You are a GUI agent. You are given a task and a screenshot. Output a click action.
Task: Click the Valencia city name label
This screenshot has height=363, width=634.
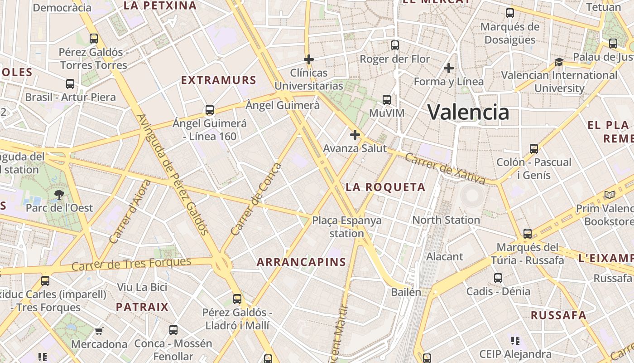tap(468, 112)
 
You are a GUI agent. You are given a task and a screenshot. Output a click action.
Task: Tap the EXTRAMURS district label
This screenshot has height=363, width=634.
tap(219, 80)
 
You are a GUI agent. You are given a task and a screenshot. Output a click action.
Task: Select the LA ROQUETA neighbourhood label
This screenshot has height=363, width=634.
tap(385, 187)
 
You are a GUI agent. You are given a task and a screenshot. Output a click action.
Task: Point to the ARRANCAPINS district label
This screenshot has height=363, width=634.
tap(301, 262)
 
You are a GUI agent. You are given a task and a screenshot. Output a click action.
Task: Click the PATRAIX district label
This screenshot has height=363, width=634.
tap(142, 307)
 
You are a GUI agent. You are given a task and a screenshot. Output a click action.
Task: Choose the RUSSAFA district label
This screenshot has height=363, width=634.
tap(558, 315)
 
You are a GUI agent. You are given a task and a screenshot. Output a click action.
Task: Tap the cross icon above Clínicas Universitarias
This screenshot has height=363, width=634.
tap(309, 59)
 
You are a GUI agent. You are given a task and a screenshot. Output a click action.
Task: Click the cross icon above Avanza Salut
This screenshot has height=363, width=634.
tap(355, 135)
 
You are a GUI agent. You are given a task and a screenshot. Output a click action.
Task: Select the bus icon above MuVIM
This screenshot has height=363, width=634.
tap(386, 100)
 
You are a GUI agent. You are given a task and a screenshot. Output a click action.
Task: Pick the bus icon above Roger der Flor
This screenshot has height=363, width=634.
tap(395, 45)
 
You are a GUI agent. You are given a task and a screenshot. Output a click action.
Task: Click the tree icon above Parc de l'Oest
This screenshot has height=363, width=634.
tap(59, 195)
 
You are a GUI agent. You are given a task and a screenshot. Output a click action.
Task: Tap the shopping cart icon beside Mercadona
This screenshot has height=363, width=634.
tap(99, 331)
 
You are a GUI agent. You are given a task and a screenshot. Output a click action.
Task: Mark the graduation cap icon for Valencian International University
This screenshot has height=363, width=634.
tap(559, 62)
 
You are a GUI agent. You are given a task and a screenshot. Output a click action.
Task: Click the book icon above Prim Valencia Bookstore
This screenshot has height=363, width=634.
tap(610, 195)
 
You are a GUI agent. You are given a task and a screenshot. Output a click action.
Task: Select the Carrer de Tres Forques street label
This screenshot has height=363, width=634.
tap(131, 264)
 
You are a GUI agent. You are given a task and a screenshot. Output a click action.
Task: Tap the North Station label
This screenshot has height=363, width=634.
tap(446, 220)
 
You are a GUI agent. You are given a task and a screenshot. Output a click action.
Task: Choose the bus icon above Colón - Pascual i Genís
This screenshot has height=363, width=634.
tap(534, 148)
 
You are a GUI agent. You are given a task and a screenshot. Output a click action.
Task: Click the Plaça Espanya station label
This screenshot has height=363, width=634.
tap(346, 227)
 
